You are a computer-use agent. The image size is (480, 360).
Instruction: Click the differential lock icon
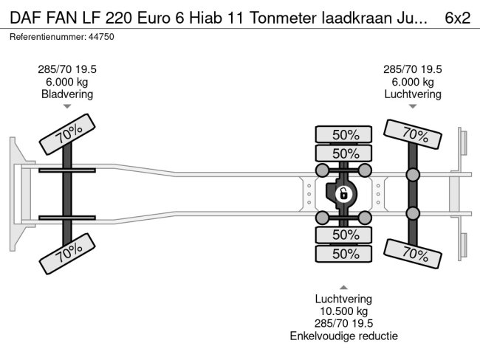point(343,195)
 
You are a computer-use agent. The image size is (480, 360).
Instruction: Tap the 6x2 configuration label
point(457,18)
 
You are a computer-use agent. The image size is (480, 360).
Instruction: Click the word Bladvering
point(67,94)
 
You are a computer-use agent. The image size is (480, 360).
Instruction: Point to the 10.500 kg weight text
point(343,311)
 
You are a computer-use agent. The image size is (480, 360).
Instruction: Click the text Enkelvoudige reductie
point(343,336)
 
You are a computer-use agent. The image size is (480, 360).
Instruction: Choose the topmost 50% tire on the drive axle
point(344,134)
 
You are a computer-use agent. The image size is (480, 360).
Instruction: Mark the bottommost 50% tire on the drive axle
point(344,254)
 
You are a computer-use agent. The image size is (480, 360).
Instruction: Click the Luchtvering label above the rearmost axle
point(413,94)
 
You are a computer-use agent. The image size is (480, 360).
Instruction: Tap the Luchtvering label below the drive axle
point(343,299)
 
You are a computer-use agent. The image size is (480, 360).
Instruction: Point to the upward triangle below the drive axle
point(343,286)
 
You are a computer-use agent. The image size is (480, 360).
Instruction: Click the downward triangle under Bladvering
point(67,107)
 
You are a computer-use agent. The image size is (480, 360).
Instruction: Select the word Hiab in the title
point(193,18)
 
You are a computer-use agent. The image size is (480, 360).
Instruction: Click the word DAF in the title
point(24,18)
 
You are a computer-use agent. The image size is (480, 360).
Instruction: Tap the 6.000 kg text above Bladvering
point(67,81)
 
